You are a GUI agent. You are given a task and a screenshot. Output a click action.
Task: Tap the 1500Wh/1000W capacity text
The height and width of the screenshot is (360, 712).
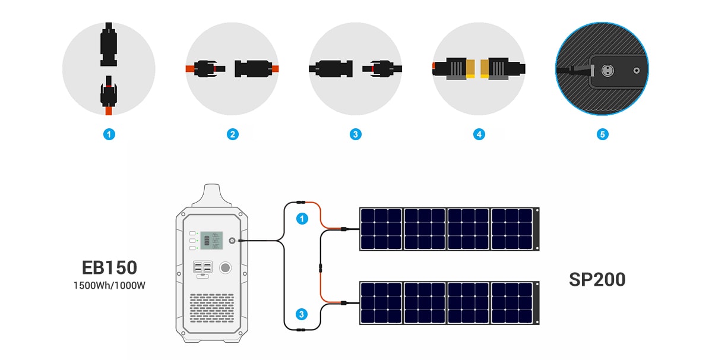tap(109, 285)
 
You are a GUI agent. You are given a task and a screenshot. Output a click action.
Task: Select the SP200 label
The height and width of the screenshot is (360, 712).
tap(597, 279)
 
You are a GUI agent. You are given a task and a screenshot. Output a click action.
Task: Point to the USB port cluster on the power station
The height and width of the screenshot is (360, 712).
tap(202, 268)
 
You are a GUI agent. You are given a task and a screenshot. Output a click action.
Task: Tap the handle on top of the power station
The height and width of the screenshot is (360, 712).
tap(211, 195)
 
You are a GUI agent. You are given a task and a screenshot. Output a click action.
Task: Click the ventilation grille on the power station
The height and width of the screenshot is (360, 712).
tap(212, 310)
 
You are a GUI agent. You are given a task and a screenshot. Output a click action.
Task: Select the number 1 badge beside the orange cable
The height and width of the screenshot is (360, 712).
tap(303, 219)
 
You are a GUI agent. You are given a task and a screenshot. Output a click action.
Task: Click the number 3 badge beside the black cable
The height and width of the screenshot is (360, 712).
tap(302, 314)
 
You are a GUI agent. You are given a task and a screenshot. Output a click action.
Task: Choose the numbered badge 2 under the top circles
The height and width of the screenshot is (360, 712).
tap(232, 135)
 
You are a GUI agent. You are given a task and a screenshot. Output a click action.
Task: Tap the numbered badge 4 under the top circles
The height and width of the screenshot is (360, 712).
tap(479, 135)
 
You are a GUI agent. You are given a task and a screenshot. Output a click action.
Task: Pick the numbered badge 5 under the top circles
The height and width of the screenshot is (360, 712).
tap(602, 135)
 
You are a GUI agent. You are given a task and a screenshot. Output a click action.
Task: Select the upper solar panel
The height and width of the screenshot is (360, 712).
tap(448, 229)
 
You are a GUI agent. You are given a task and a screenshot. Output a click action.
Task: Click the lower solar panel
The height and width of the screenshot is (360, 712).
tap(448, 303)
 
